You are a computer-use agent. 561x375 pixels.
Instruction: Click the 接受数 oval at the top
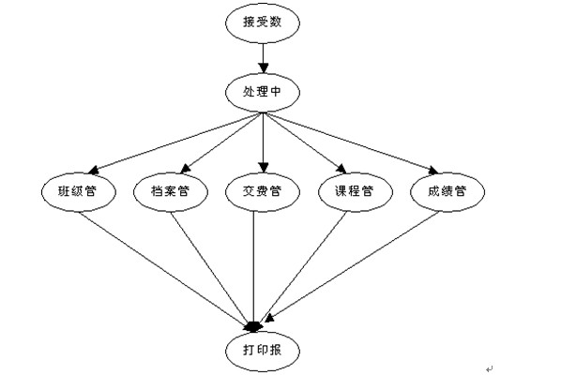[x=263, y=23]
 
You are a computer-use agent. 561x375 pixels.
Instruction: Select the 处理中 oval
[x=263, y=92]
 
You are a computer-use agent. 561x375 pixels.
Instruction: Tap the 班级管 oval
[x=79, y=192]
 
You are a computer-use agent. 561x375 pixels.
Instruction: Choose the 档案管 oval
[x=171, y=192]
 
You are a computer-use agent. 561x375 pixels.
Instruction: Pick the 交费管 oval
[x=263, y=192]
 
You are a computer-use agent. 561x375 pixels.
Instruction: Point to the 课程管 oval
[x=356, y=192]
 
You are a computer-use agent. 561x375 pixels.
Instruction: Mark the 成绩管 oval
[x=447, y=192]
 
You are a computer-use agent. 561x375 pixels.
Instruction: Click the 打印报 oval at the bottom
[x=263, y=351]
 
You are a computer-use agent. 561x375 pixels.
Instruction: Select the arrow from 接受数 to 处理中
[x=264, y=58]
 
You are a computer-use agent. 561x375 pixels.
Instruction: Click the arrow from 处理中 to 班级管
[x=175, y=143]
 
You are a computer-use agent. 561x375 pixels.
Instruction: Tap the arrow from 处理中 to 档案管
[x=221, y=143]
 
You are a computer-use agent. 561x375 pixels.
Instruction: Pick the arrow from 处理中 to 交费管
[x=264, y=143]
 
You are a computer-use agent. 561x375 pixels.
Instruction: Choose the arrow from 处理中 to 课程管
[x=305, y=143]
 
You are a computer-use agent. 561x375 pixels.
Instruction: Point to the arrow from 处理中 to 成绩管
[x=351, y=143]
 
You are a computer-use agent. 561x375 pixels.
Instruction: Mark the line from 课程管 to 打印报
[x=303, y=266]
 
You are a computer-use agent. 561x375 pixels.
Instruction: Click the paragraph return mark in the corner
[x=489, y=368]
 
